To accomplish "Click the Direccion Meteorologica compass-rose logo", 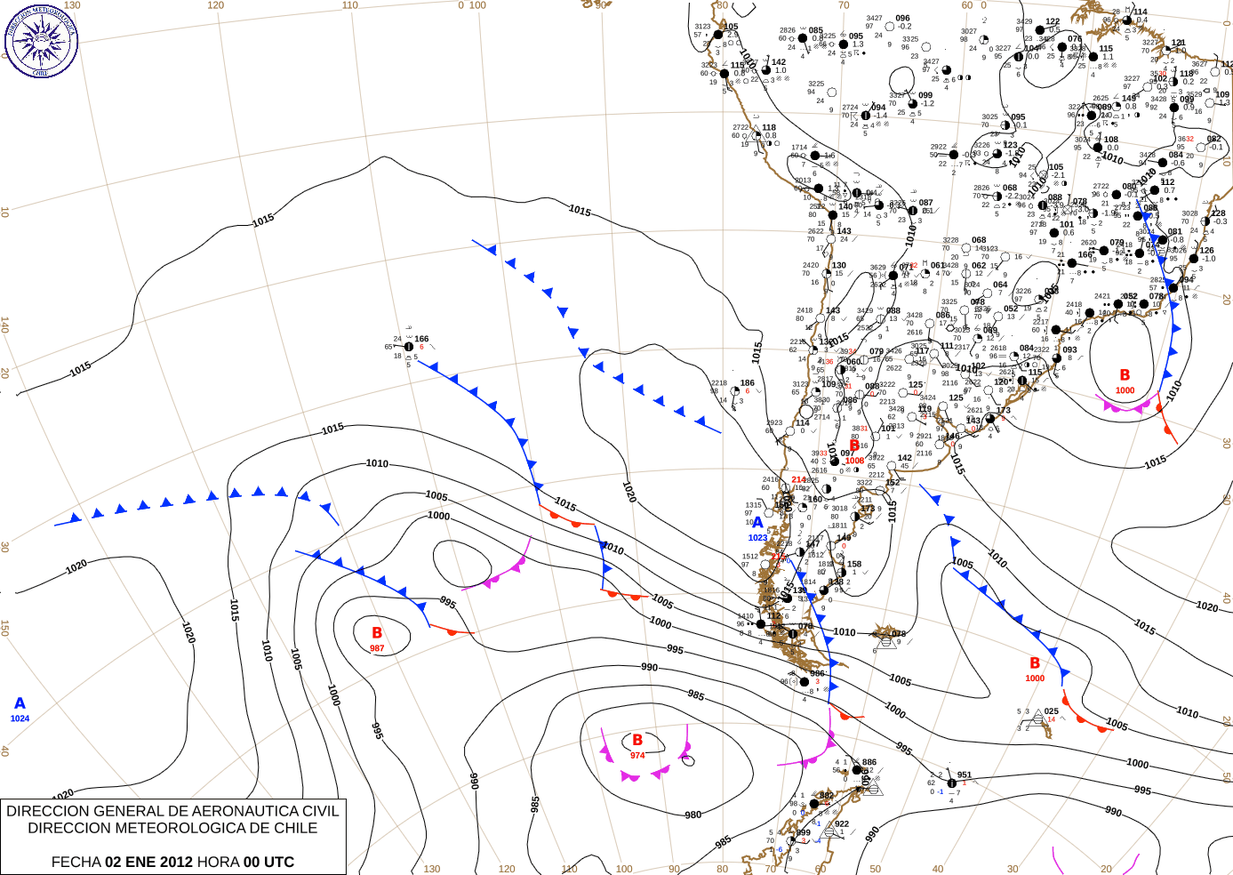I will click(x=41, y=41).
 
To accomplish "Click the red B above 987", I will click(x=377, y=633).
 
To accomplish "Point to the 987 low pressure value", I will click(x=377, y=648).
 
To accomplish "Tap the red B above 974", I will click(x=637, y=740).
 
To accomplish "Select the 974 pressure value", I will click(x=637, y=755).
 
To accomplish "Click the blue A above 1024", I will click(x=20, y=703).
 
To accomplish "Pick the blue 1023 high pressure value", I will click(x=757, y=538).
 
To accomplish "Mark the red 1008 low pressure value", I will click(x=854, y=461).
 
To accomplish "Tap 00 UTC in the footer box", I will click(x=268, y=862).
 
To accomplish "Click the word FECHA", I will click(x=76, y=862).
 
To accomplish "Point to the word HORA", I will click(x=218, y=862).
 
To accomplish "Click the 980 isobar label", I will click(x=693, y=815).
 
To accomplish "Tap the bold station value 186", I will click(x=748, y=383).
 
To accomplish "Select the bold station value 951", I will click(x=965, y=775).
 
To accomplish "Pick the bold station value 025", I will click(x=1052, y=711).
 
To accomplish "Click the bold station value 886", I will click(x=869, y=762).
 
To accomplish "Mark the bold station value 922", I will click(x=842, y=823).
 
